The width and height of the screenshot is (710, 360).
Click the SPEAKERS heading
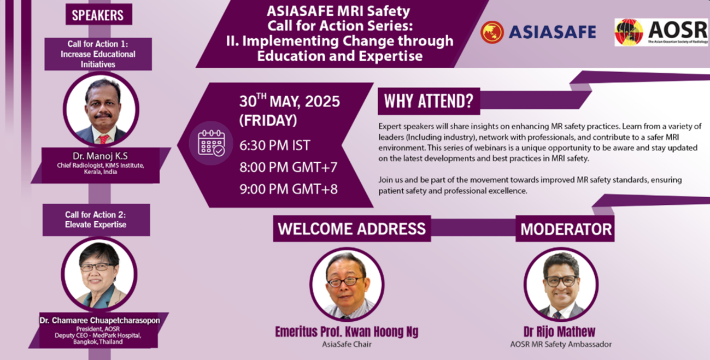[98, 15]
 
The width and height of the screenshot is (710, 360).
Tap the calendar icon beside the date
[211, 143]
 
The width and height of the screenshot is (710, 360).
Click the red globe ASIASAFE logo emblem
[492, 32]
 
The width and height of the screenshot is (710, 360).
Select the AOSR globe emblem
[629, 32]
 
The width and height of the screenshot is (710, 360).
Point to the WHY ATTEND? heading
[429, 101]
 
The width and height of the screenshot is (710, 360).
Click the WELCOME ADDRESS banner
[352, 229]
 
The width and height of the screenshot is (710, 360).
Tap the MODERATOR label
[566, 229]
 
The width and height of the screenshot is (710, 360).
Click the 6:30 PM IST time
[274, 145]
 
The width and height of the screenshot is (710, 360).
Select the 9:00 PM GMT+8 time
[289, 189]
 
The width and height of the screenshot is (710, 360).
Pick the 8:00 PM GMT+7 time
[289, 167]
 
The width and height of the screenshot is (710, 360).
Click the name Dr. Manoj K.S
[100, 156]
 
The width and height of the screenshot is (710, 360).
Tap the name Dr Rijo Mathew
[560, 332]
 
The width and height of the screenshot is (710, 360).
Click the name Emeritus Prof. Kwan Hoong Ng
[347, 332]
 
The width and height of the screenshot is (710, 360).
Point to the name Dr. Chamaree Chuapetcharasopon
[100, 320]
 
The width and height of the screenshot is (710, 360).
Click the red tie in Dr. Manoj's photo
[103, 139]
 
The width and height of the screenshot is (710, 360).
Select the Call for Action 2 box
[96, 220]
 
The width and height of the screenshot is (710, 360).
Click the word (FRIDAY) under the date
[268, 120]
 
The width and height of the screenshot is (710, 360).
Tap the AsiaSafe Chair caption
[347, 344]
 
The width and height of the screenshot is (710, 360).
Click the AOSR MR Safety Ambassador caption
[561, 344]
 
